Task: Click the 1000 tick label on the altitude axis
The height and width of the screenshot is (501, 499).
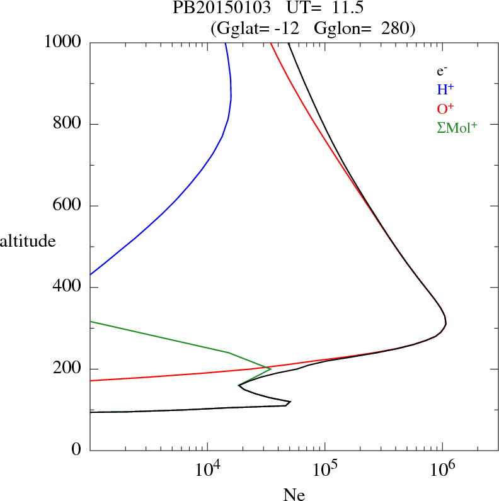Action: [63, 42]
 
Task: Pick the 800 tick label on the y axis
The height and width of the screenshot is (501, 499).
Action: [68, 124]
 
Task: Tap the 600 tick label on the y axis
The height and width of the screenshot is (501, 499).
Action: [68, 206]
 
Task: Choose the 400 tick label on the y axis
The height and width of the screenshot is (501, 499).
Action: [68, 288]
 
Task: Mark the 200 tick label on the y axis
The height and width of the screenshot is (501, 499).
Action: [68, 369]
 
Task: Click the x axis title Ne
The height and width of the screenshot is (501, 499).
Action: [294, 495]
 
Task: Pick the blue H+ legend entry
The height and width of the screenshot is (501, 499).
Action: [445, 90]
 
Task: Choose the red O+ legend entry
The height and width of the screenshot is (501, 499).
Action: [445, 109]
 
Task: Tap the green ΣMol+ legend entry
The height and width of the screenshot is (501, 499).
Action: [457, 128]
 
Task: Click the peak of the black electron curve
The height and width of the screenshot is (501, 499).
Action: [445, 324]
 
